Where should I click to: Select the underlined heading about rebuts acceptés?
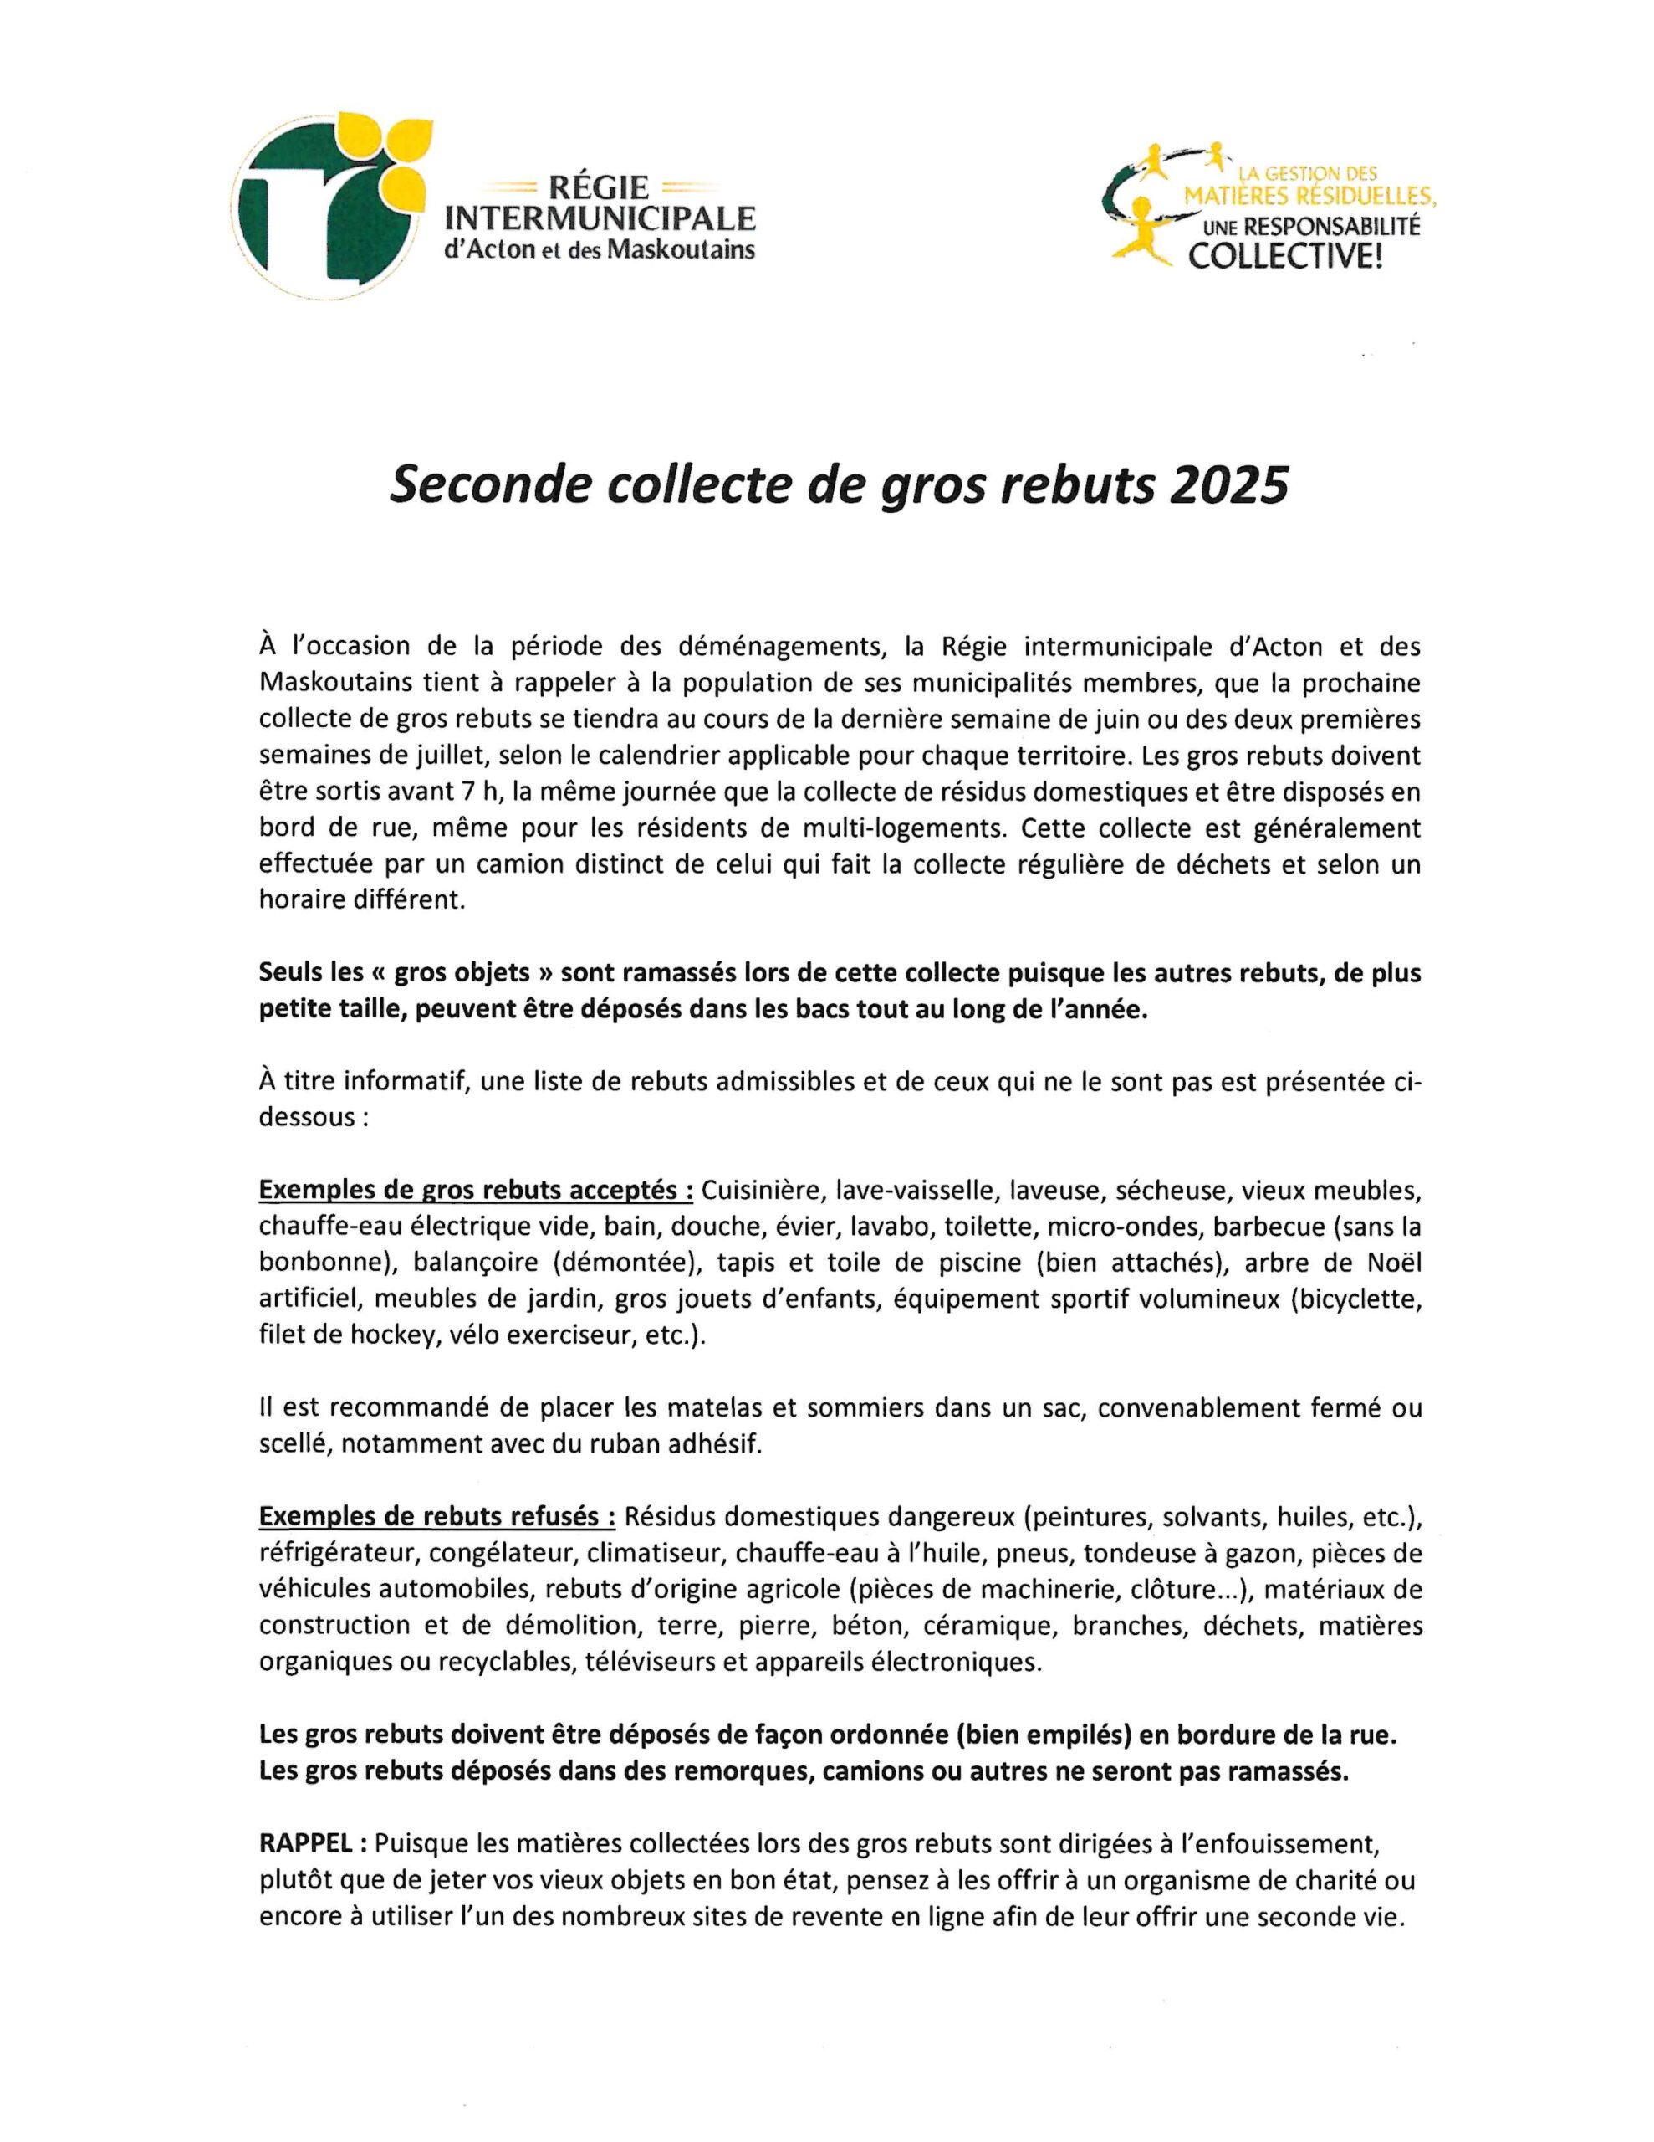476,1191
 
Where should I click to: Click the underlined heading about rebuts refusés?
437,1516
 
